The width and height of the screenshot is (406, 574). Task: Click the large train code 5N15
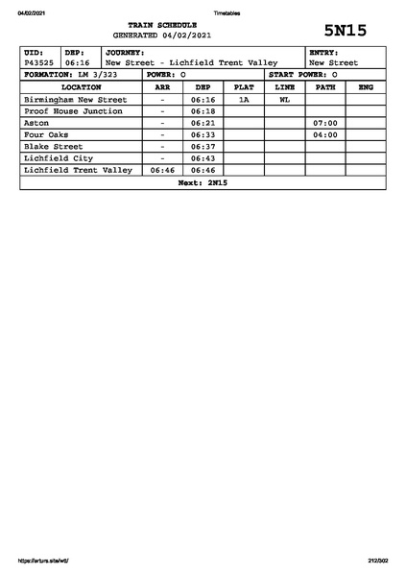click(346, 30)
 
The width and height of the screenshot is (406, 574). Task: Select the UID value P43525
click(40, 63)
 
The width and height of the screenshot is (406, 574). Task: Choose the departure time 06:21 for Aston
click(203, 123)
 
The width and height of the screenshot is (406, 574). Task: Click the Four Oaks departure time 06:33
click(203, 135)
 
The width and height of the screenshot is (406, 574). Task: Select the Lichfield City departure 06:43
click(203, 158)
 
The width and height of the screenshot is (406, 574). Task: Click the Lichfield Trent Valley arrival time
click(162, 170)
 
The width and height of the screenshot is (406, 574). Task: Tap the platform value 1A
click(244, 99)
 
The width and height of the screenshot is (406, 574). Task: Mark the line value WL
click(284, 99)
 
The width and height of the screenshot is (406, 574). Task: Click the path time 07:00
click(325, 123)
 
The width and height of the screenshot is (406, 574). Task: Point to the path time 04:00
click(325, 135)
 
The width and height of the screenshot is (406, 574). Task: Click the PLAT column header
click(244, 87)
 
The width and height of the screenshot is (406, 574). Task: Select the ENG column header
click(366, 87)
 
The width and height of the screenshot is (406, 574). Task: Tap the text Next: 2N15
click(203, 182)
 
